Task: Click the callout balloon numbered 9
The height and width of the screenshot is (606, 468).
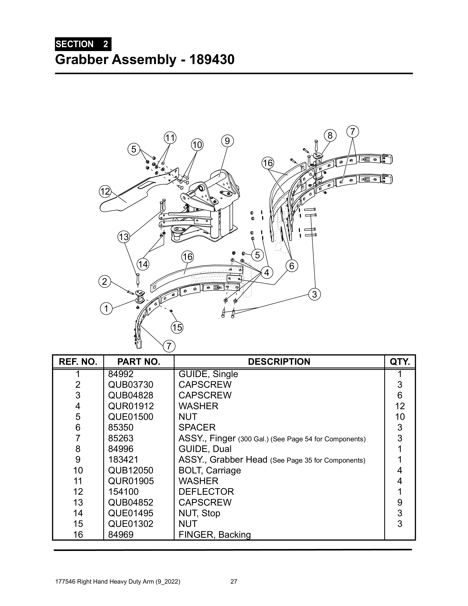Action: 227,141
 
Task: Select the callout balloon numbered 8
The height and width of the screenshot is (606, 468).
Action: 330,135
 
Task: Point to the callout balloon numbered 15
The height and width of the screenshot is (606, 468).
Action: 177,328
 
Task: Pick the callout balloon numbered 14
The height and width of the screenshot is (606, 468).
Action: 143,264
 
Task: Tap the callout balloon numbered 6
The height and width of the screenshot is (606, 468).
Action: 292,266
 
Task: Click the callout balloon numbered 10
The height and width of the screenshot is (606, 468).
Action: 197,145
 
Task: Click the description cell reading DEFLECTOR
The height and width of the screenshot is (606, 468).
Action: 206,492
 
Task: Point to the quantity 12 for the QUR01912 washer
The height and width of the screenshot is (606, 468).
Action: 400,406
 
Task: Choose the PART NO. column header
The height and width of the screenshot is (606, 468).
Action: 139,362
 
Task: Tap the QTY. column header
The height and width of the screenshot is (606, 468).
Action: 400,362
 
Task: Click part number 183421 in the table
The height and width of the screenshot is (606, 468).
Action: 123,460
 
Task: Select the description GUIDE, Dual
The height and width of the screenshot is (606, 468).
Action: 205,449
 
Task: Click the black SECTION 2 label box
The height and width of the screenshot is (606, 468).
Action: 83,44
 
